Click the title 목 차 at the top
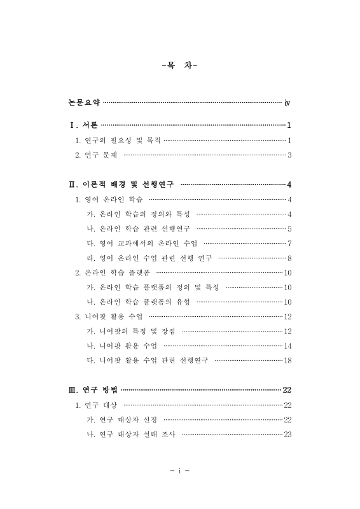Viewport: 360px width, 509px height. click(180, 64)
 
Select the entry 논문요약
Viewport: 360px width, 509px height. click(84, 102)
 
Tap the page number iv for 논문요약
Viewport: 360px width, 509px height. click(287, 102)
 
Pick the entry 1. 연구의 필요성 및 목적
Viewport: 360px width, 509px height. click(118, 140)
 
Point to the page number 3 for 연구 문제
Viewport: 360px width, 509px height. click(289, 155)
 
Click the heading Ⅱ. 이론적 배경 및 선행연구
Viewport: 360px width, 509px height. click(121, 185)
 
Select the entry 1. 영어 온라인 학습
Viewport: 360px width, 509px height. click(109, 200)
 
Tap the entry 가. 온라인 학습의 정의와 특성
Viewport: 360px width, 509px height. click(138, 214)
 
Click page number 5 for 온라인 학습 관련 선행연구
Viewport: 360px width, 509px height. click(289, 228)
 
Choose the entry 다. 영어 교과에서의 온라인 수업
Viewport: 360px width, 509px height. click(142, 243)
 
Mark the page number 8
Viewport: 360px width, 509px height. click(289, 258)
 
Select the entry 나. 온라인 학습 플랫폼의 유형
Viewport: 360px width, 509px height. click(138, 302)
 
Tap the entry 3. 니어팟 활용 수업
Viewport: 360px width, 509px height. click(109, 316)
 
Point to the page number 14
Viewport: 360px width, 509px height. click(287, 345)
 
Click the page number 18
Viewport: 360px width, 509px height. click(287, 360)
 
